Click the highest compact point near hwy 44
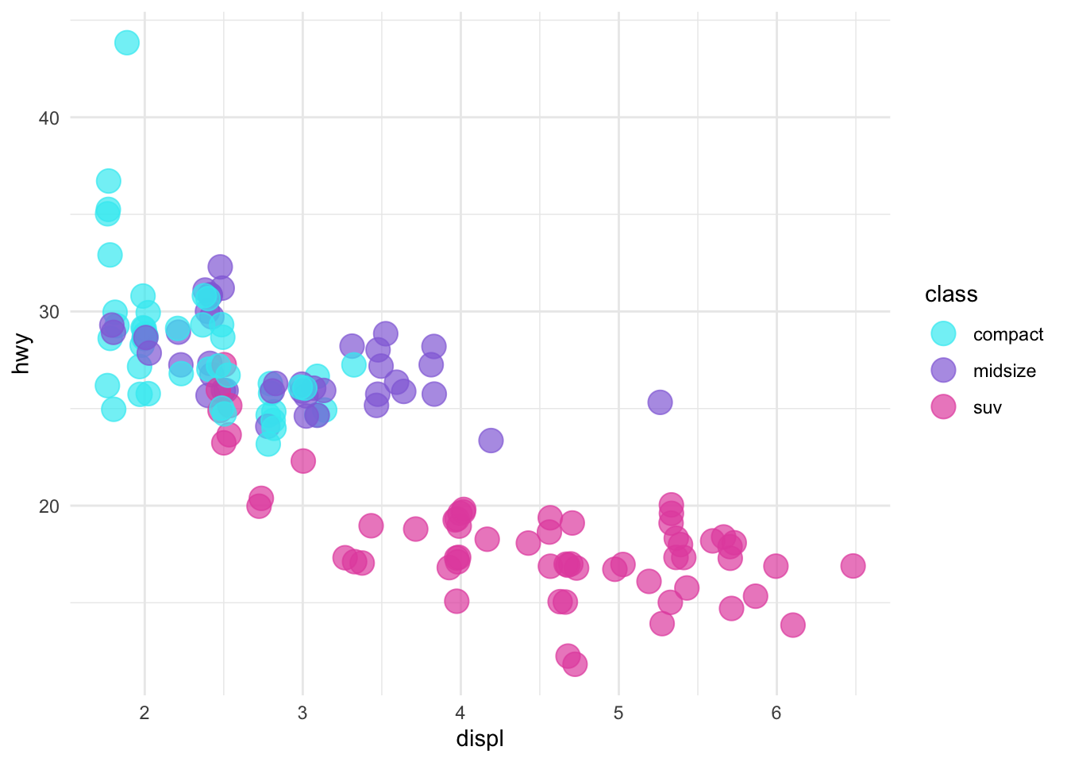point(127,43)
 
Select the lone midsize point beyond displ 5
point(660,402)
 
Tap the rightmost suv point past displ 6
point(853,566)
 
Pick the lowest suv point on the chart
point(575,664)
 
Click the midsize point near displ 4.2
point(491,440)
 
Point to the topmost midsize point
point(221,267)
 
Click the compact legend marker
point(943,334)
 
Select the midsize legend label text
point(1004,371)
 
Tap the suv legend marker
point(943,408)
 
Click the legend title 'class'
point(951,294)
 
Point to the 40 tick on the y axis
point(49,118)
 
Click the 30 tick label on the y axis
point(49,312)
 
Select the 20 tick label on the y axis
point(49,506)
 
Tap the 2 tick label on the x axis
point(144,713)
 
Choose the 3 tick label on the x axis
point(302,713)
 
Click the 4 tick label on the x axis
point(460,713)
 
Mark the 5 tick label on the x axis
point(618,713)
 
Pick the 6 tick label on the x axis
point(776,713)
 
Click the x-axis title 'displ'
point(480,740)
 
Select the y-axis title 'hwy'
point(21,354)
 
